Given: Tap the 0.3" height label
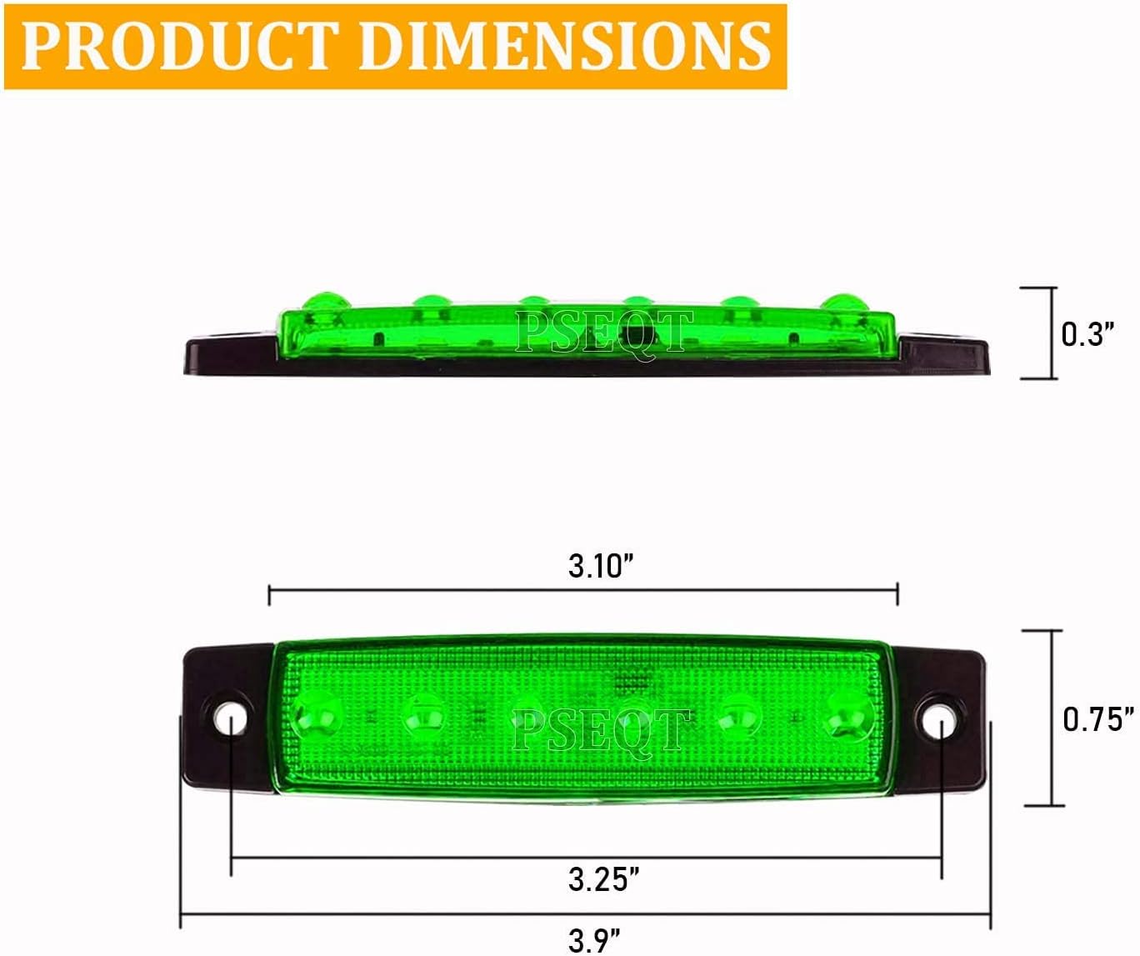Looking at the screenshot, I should point(1087,333).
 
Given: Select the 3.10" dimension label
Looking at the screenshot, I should point(601,565).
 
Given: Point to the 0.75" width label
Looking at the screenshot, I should point(1098,718).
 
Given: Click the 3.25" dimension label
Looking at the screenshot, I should point(603,878).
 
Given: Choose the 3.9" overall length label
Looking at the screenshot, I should point(594,940).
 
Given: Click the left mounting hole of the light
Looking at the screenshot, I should point(231,718).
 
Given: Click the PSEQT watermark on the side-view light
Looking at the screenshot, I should point(603,331).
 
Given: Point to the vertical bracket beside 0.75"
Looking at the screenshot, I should point(1053,718).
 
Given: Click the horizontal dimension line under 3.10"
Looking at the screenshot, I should point(583,591).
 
